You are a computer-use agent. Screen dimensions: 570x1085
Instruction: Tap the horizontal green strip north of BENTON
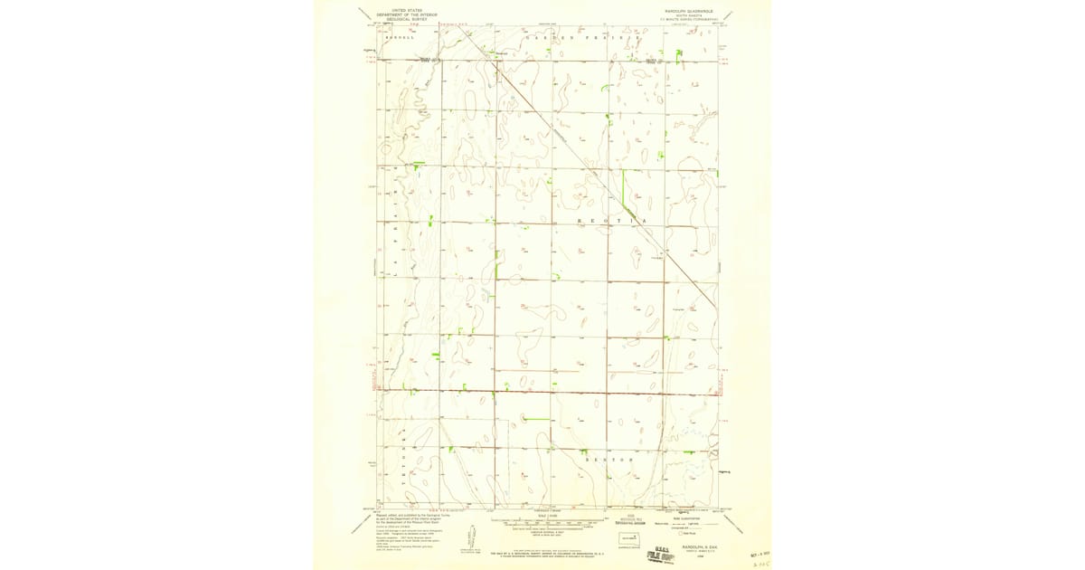tap(537, 419)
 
